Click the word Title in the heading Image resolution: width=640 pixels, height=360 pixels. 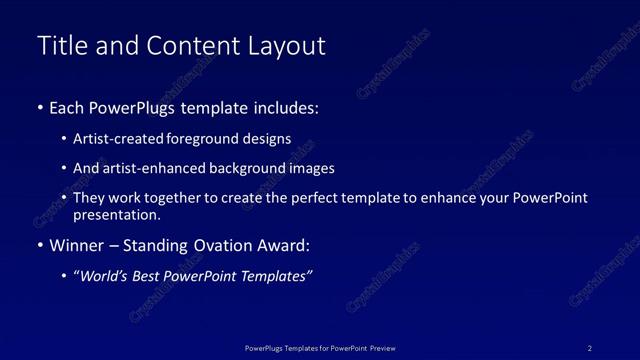pyautogui.click(x=61, y=46)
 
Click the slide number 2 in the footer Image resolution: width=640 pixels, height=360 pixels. pyautogui.click(x=590, y=348)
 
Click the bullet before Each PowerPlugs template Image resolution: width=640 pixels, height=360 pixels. pyautogui.click(x=40, y=107)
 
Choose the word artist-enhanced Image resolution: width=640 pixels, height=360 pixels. pyautogui.click(x=151, y=168)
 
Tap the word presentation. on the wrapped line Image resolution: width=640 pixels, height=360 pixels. pyautogui.click(x=117, y=214)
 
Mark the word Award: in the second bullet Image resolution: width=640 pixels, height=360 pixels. pyautogui.click(x=286, y=245)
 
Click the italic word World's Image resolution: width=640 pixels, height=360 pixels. pyautogui.click(x=106, y=277)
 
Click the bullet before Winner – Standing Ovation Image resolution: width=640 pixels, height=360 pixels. pyautogui.click(x=40, y=245)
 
